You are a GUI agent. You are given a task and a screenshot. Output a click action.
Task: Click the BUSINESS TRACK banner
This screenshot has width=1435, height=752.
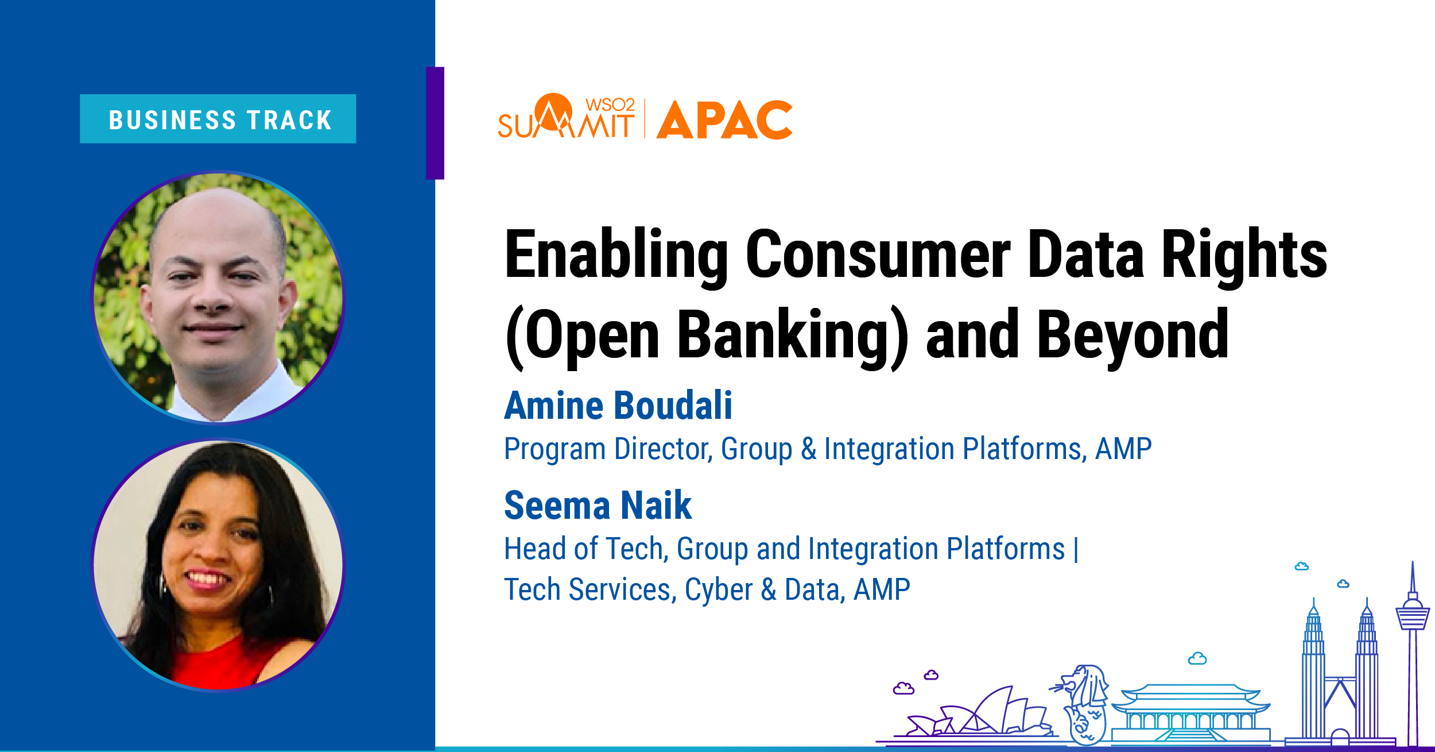[x=218, y=119]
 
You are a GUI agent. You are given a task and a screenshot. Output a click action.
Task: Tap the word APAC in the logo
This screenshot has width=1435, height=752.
[x=724, y=120]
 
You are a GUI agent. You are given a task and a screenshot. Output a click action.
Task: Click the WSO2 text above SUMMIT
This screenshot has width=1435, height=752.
[x=610, y=105]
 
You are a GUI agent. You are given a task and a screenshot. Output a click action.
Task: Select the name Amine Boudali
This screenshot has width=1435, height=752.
[x=618, y=406]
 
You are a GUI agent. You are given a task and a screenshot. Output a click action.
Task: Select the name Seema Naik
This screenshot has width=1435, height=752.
[x=598, y=506]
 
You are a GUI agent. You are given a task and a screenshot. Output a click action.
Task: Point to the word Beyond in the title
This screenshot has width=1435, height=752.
[x=1134, y=335]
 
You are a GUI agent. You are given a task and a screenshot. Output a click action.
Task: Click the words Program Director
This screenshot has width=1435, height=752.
[x=608, y=449]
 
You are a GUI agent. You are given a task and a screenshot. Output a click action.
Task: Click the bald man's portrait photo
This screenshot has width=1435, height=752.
[x=218, y=298]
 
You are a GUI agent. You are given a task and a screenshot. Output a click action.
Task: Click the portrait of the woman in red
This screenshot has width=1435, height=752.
[x=218, y=565]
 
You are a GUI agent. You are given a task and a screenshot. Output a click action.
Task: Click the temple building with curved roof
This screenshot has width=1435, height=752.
[x=1191, y=712]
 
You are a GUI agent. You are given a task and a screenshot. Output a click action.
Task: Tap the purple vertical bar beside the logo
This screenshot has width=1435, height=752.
[x=435, y=123]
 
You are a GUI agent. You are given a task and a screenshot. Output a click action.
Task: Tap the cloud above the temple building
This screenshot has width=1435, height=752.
[x=1197, y=658]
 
